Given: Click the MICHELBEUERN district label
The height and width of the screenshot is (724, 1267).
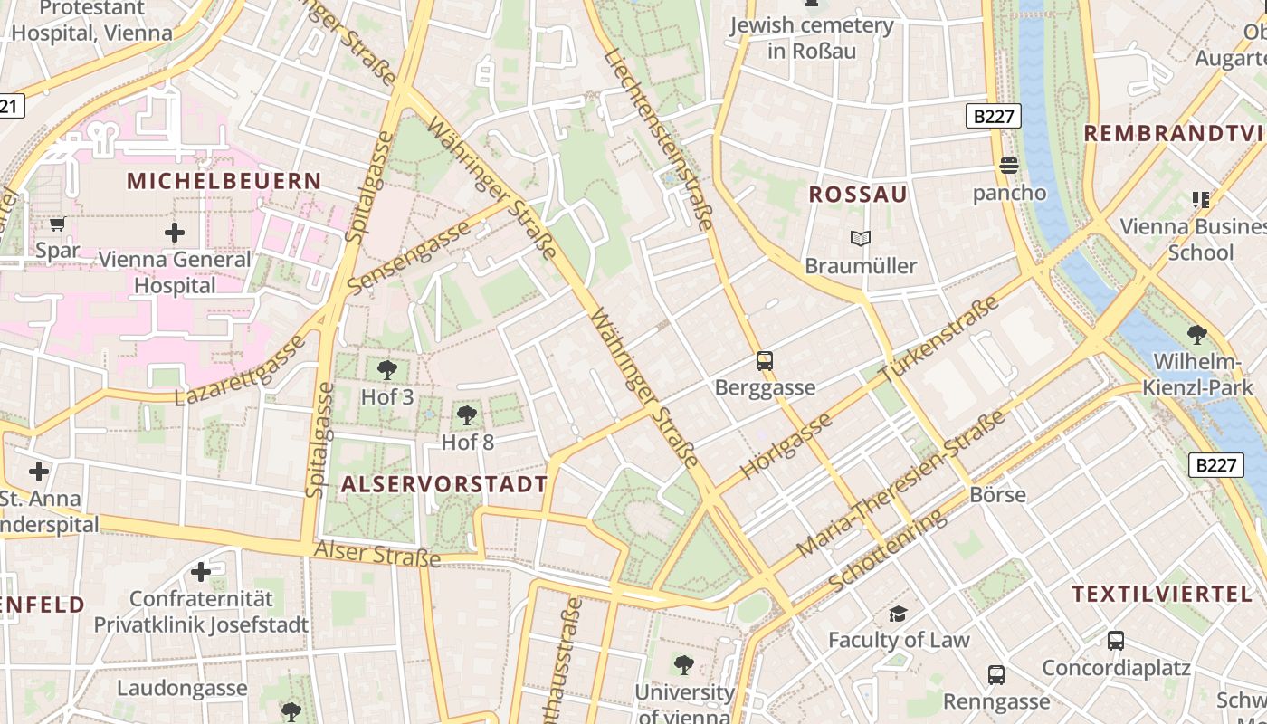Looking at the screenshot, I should pyautogui.click(x=224, y=181).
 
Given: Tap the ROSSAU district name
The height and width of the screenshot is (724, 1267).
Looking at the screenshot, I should pyautogui.click(x=857, y=195).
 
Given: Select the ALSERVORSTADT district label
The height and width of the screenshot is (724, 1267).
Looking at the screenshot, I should pyautogui.click(x=443, y=484).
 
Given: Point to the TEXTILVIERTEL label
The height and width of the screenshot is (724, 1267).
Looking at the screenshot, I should pyautogui.click(x=1162, y=595).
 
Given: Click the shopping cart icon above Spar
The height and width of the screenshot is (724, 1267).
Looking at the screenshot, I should pyautogui.click(x=58, y=224).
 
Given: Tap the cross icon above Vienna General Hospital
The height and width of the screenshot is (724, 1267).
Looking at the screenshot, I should pyautogui.click(x=175, y=233).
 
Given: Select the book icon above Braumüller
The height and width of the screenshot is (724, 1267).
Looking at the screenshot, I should pyautogui.click(x=860, y=239).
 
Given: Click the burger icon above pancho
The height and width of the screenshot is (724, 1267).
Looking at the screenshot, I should pyautogui.click(x=1009, y=166).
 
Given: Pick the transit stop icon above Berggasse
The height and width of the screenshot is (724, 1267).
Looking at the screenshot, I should pyautogui.click(x=765, y=361).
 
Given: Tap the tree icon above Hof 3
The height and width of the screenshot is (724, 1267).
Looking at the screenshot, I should pyautogui.click(x=387, y=369).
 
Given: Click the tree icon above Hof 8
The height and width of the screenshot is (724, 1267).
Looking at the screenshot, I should pyautogui.click(x=467, y=415).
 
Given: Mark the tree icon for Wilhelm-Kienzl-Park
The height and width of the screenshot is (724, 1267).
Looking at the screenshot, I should pyautogui.click(x=1196, y=335).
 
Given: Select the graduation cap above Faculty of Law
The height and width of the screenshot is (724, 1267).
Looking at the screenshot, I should pyautogui.click(x=898, y=614).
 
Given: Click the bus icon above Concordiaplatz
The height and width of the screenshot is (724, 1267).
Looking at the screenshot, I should pyautogui.click(x=1116, y=641).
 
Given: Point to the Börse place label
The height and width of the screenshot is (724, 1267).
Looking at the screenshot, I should pyautogui.click(x=997, y=494).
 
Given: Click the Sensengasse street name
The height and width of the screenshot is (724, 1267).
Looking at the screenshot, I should pyautogui.click(x=410, y=256).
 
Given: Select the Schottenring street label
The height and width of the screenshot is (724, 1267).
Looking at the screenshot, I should pyautogui.click(x=887, y=550).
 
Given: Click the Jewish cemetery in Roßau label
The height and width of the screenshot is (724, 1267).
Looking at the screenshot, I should pyautogui.click(x=812, y=38).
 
